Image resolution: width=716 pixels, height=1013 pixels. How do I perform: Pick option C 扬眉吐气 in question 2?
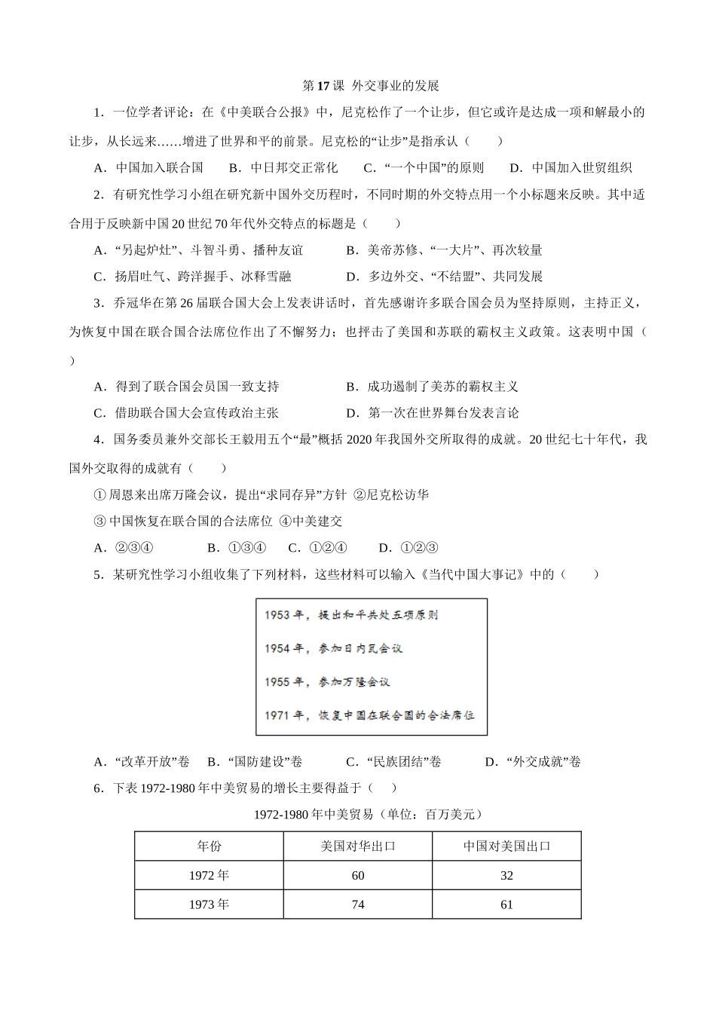(x=192, y=277)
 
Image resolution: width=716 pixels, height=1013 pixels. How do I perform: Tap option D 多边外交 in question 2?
(x=445, y=277)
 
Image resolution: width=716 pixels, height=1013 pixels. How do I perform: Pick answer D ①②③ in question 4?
(x=408, y=548)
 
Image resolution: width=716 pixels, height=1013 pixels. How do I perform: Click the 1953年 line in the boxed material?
(x=351, y=615)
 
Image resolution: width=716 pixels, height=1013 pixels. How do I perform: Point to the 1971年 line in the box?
(x=369, y=715)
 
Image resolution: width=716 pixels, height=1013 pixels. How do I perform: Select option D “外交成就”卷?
(x=533, y=762)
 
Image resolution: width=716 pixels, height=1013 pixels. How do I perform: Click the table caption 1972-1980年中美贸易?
(x=368, y=815)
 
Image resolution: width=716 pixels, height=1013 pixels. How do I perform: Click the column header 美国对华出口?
(x=358, y=846)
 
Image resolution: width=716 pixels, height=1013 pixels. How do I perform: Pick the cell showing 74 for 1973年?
(x=358, y=904)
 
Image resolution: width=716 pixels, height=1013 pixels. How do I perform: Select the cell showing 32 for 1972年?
(x=506, y=876)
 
